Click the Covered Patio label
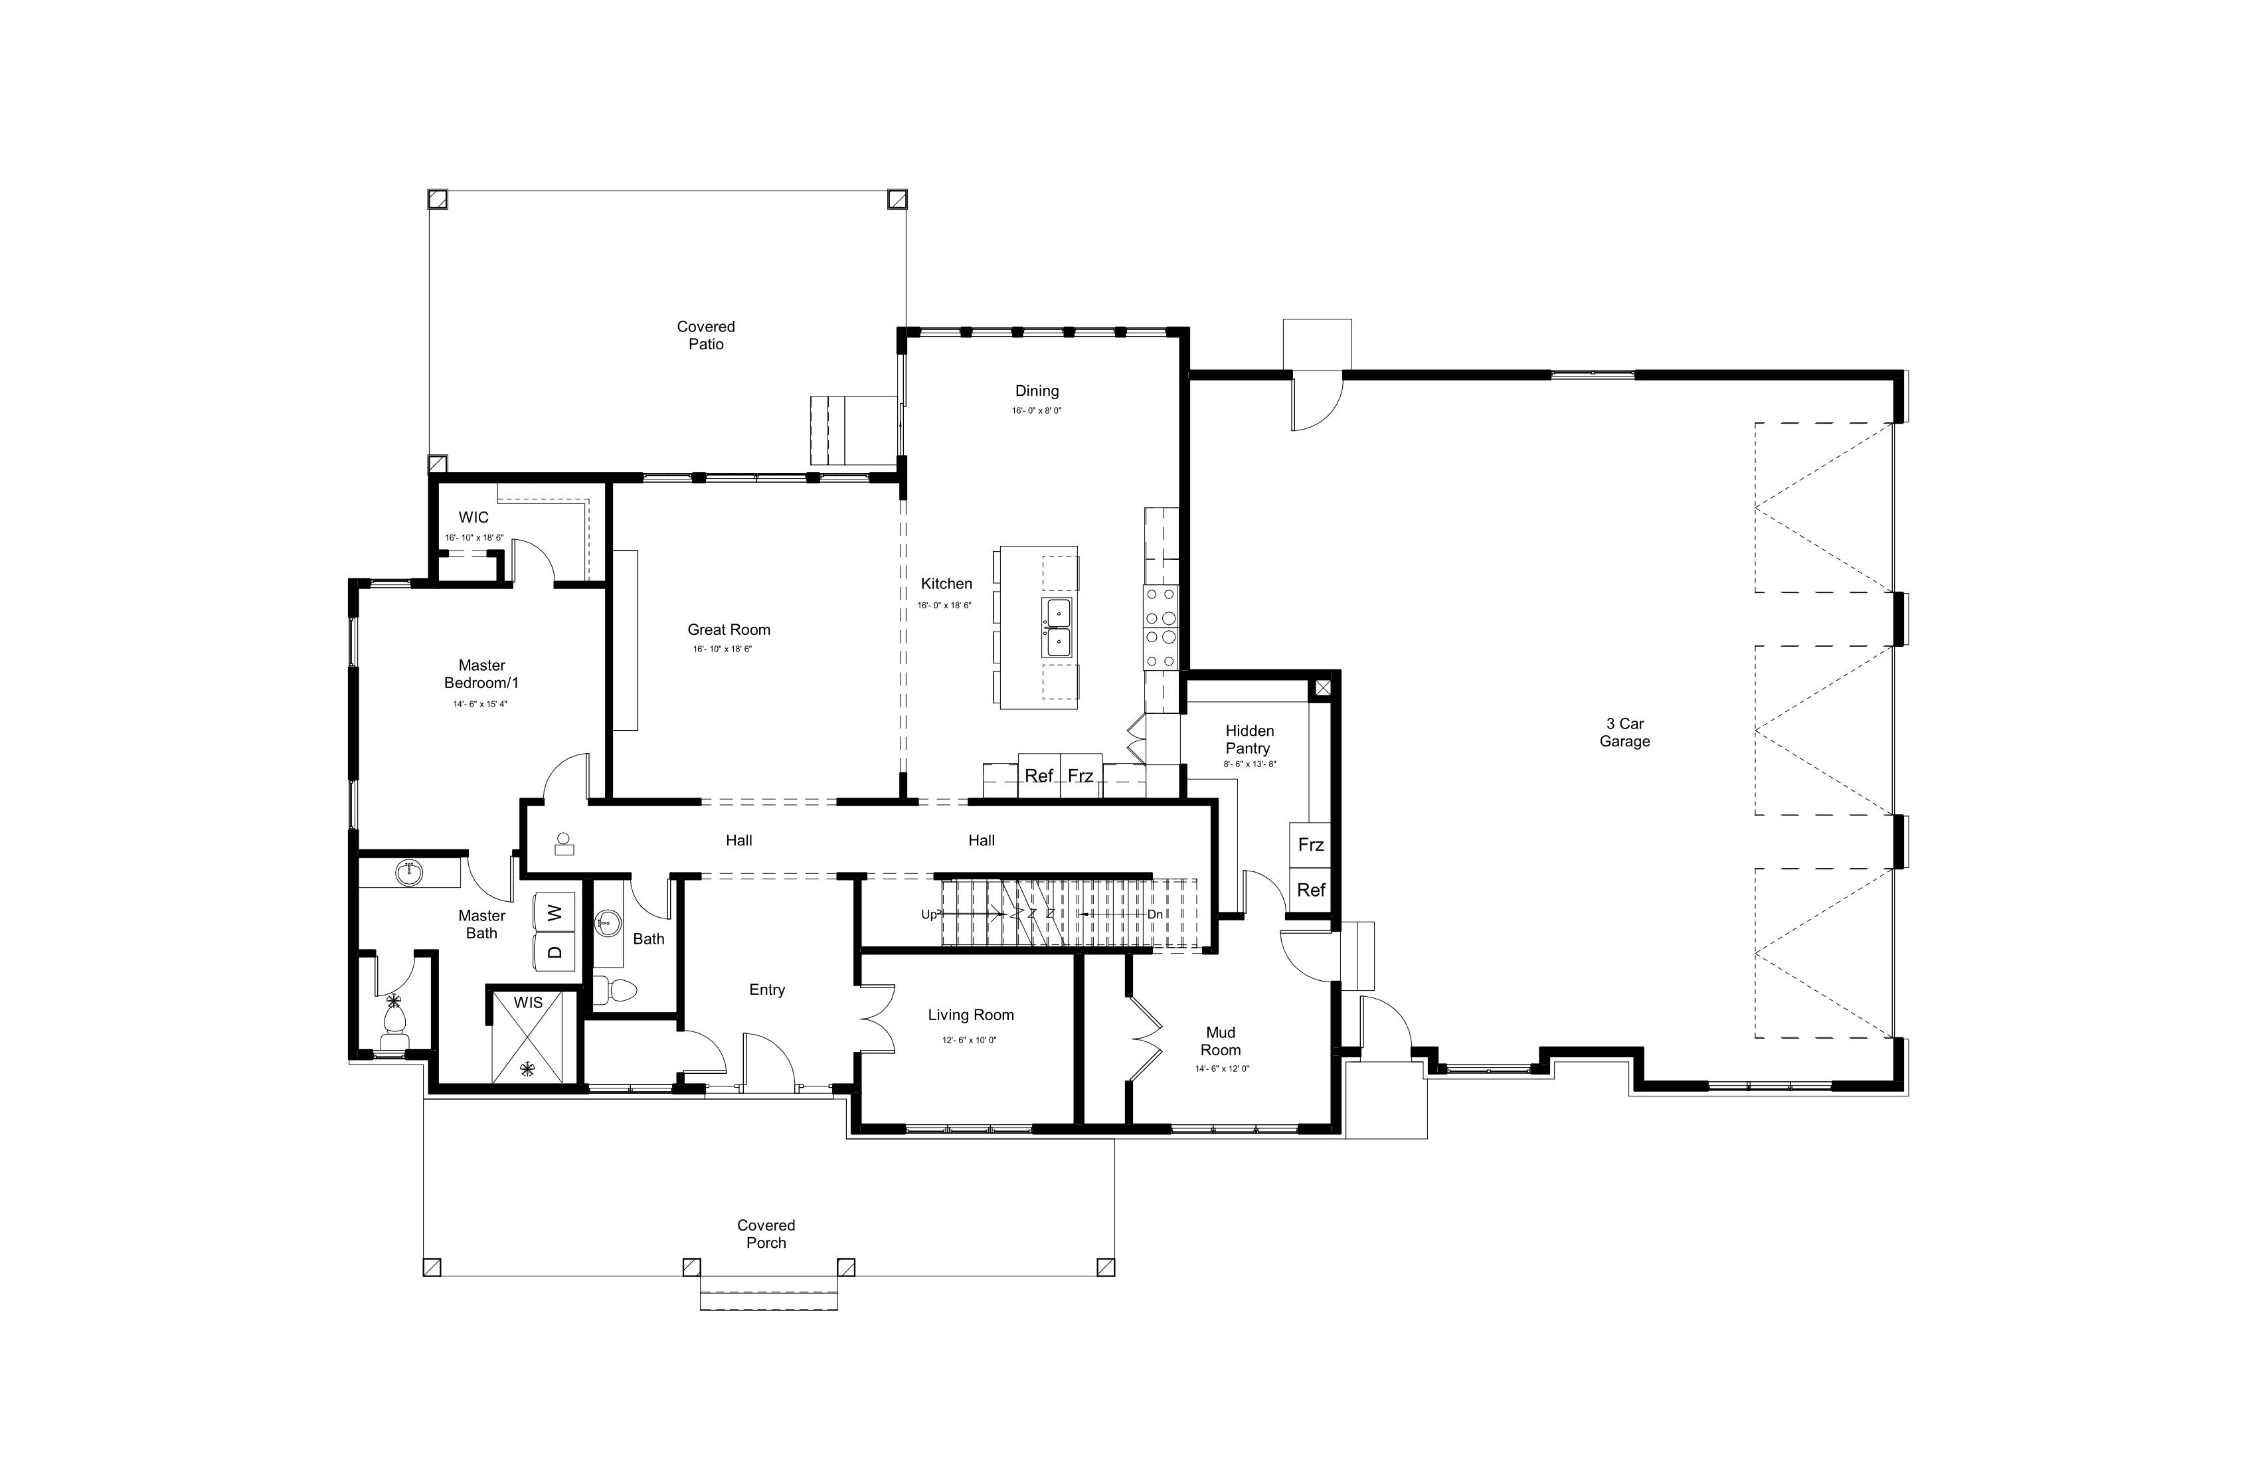click(706, 335)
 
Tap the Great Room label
click(729, 630)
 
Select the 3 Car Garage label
click(1624, 732)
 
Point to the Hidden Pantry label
click(1249, 739)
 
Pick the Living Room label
click(970, 1015)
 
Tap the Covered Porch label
click(766, 1233)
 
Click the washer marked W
click(555, 912)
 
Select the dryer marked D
click(555, 952)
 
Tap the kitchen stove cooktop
click(1160, 627)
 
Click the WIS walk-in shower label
click(529, 1003)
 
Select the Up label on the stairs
click(930, 914)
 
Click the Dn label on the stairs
click(1155, 914)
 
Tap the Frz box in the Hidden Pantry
click(1310, 844)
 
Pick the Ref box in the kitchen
click(1039, 776)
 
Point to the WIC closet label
click(474, 518)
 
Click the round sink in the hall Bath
click(608, 922)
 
